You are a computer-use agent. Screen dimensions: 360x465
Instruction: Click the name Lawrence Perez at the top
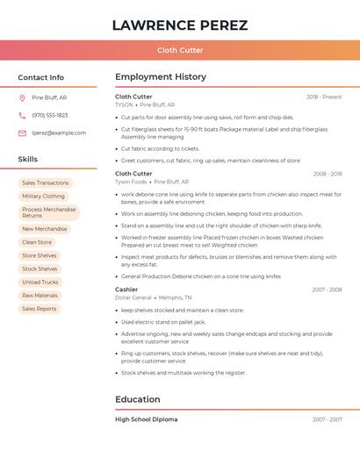point(180,25)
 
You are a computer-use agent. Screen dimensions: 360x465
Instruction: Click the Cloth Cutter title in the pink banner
point(180,50)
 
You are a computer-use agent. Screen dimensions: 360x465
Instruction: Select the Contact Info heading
point(41,77)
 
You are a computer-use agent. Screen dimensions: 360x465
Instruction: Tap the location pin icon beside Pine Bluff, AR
point(22,97)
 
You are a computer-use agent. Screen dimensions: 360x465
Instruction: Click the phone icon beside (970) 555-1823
point(22,115)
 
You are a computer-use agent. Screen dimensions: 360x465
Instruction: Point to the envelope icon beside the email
point(22,132)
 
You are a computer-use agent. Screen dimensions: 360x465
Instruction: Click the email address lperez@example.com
point(59,132)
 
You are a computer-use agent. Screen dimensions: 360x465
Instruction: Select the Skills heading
point(28,159)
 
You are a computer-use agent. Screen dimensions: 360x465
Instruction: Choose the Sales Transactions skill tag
point(45,182)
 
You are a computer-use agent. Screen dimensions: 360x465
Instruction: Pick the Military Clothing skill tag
point(43,197)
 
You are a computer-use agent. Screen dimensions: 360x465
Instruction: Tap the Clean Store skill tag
point(37,242)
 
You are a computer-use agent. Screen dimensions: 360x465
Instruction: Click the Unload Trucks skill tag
point(40,282)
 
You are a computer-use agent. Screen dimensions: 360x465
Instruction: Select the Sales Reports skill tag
point(40,309)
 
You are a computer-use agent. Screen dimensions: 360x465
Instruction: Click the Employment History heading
point(161,76)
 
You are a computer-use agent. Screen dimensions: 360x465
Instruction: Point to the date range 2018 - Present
point(324,97)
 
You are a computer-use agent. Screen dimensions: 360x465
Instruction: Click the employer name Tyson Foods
point(131,182)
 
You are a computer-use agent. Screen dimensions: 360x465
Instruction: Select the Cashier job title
point(126,289)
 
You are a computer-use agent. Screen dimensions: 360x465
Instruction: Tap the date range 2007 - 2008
point(327,290)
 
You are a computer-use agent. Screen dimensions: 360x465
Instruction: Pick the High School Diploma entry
point(146,419)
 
